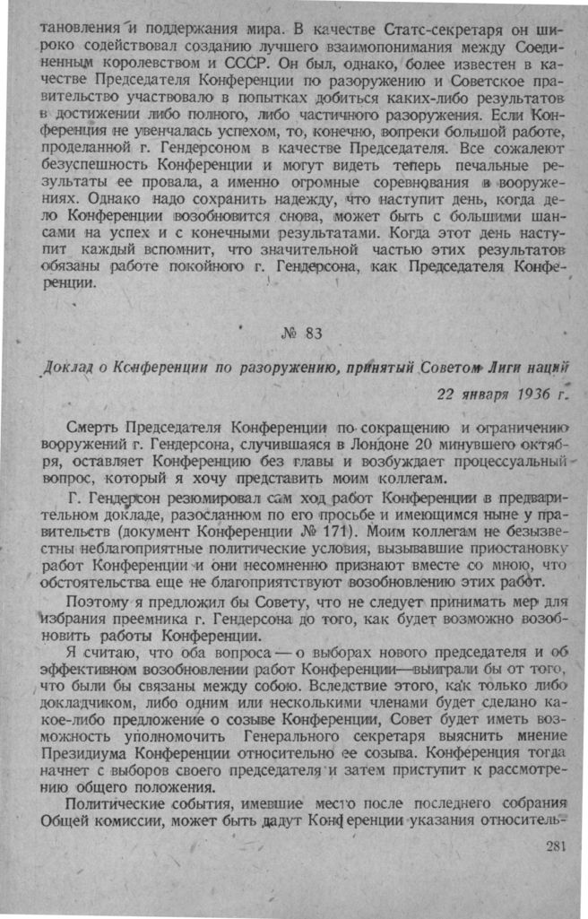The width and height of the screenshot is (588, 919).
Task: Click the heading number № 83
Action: [x=300, y=334]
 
